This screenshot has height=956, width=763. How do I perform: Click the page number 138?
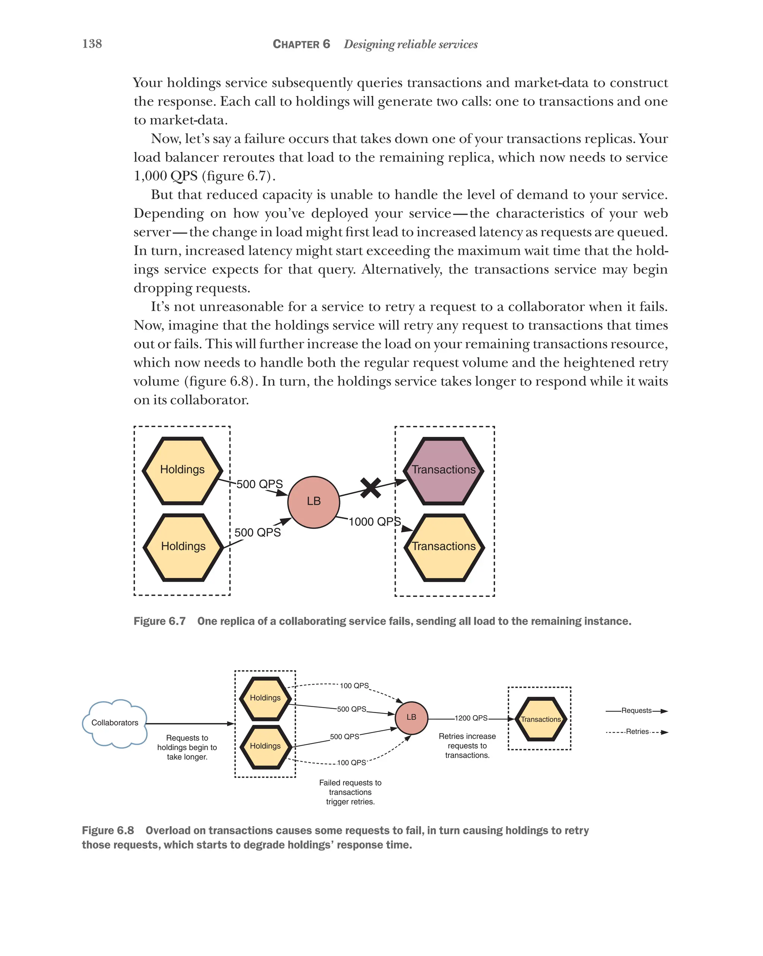coord(92,44)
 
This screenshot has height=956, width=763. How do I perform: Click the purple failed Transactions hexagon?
coord(443,470)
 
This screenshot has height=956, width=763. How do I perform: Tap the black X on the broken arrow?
coord(370,488)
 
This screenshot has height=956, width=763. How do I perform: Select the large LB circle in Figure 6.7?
coord(313,502)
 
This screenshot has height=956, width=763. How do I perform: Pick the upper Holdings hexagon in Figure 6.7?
coord(183,470)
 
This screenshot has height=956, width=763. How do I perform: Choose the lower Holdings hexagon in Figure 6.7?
coord(183,547)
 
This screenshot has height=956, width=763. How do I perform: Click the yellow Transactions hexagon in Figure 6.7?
coord(444,547)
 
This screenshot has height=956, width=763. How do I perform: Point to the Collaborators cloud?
coord(114,723)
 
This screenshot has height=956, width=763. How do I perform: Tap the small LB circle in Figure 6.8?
coord(411,717)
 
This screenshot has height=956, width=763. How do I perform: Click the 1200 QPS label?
coord(471,718)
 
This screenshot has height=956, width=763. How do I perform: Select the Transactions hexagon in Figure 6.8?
coord(541,719)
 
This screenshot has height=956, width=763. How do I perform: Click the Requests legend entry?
coord(636,711)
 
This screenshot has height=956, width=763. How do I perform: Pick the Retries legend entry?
coord(637,732)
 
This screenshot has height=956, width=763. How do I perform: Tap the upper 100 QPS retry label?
coord(354,686)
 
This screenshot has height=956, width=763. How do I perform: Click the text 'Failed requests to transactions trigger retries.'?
coord(350,792)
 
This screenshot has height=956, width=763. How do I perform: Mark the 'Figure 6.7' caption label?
coord(159,621)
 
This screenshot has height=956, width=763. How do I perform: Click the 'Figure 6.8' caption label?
coord(108,831)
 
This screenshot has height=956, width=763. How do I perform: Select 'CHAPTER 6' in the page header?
coord(301,44)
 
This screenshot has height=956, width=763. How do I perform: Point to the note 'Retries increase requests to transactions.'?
coord(467,745)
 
